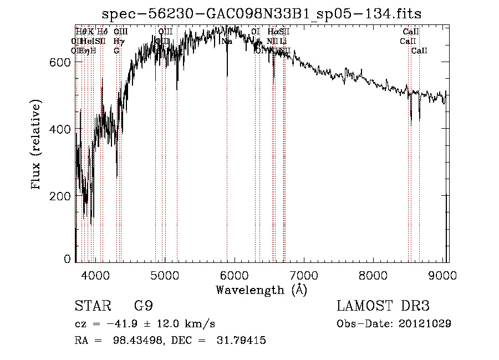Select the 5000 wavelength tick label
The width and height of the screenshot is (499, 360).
tap(165, 276)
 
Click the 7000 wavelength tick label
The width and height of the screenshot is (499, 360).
tap(304, 276)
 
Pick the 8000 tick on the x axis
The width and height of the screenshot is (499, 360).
tap(373, 276)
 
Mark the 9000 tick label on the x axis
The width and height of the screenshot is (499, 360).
tap(442, 276)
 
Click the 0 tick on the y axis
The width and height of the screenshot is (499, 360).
tap(68, 258)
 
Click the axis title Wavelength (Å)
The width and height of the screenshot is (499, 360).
tap(261, 290)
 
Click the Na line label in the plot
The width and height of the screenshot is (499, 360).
tap(227, 41)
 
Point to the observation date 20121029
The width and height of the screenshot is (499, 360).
tap(424, 323)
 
